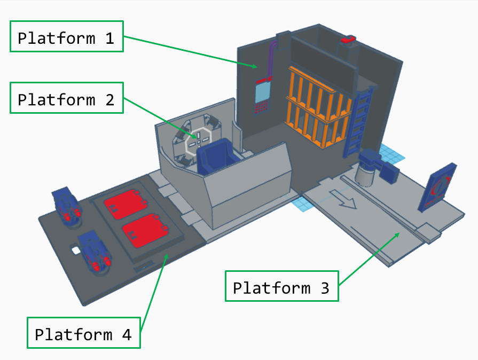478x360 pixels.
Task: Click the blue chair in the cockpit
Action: pos(216,155)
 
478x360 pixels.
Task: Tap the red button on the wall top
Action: pos(348,40)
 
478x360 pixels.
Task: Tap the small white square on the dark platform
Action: pos(75,250)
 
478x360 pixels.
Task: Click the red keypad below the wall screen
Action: pos(261,107)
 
